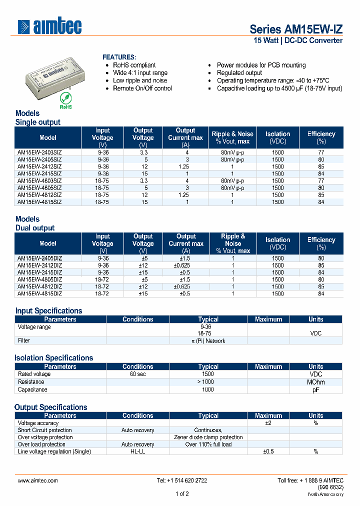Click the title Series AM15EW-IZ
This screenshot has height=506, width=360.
click(296, 29)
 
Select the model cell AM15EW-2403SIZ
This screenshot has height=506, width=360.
click(39, 152)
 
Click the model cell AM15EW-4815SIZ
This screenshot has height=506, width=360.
click(39, 202)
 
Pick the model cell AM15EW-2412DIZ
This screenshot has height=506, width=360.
click(40, 265)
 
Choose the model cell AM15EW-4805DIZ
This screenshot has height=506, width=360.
click(40, 279)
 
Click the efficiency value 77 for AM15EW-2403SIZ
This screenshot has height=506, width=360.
click(321, 152)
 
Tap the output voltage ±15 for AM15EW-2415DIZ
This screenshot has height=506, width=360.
click(143, 272)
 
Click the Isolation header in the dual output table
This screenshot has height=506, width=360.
click(278, 243)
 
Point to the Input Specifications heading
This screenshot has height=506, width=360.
click(48, 310)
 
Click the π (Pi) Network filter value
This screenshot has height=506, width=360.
click(208, 341)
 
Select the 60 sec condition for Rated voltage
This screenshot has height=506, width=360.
click(137, 374)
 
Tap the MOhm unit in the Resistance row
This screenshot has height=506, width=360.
click(315, 382)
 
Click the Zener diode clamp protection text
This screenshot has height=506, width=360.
click(208, 437)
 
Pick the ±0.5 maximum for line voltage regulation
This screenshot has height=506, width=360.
click(268, 451)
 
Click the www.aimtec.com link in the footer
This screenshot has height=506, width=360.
click(38, 480)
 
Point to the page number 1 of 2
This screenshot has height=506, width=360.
click(182, 494)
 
